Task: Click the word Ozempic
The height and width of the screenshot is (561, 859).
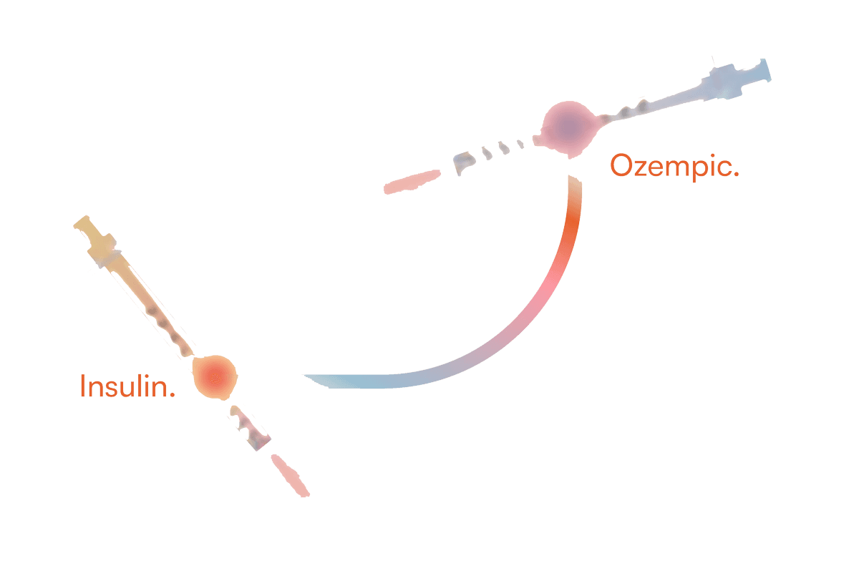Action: pos(674,166)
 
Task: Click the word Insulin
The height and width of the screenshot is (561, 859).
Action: pos(127,386)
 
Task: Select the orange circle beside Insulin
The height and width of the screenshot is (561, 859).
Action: pos(215,377)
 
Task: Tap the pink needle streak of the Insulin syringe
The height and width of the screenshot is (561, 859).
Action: pos(291,475)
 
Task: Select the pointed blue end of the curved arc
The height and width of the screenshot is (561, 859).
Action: pos(307,377)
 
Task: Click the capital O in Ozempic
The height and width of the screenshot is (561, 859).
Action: pos(621,165)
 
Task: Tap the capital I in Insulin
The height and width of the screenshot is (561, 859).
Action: pos(82,385)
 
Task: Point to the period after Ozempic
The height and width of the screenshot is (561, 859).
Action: pos(736,174)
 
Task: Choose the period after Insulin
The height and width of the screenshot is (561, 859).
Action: pos(172,394)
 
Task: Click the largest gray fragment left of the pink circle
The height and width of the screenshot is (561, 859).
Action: pos(463,162)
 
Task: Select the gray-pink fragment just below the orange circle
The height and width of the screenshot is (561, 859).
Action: pos(250,428)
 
